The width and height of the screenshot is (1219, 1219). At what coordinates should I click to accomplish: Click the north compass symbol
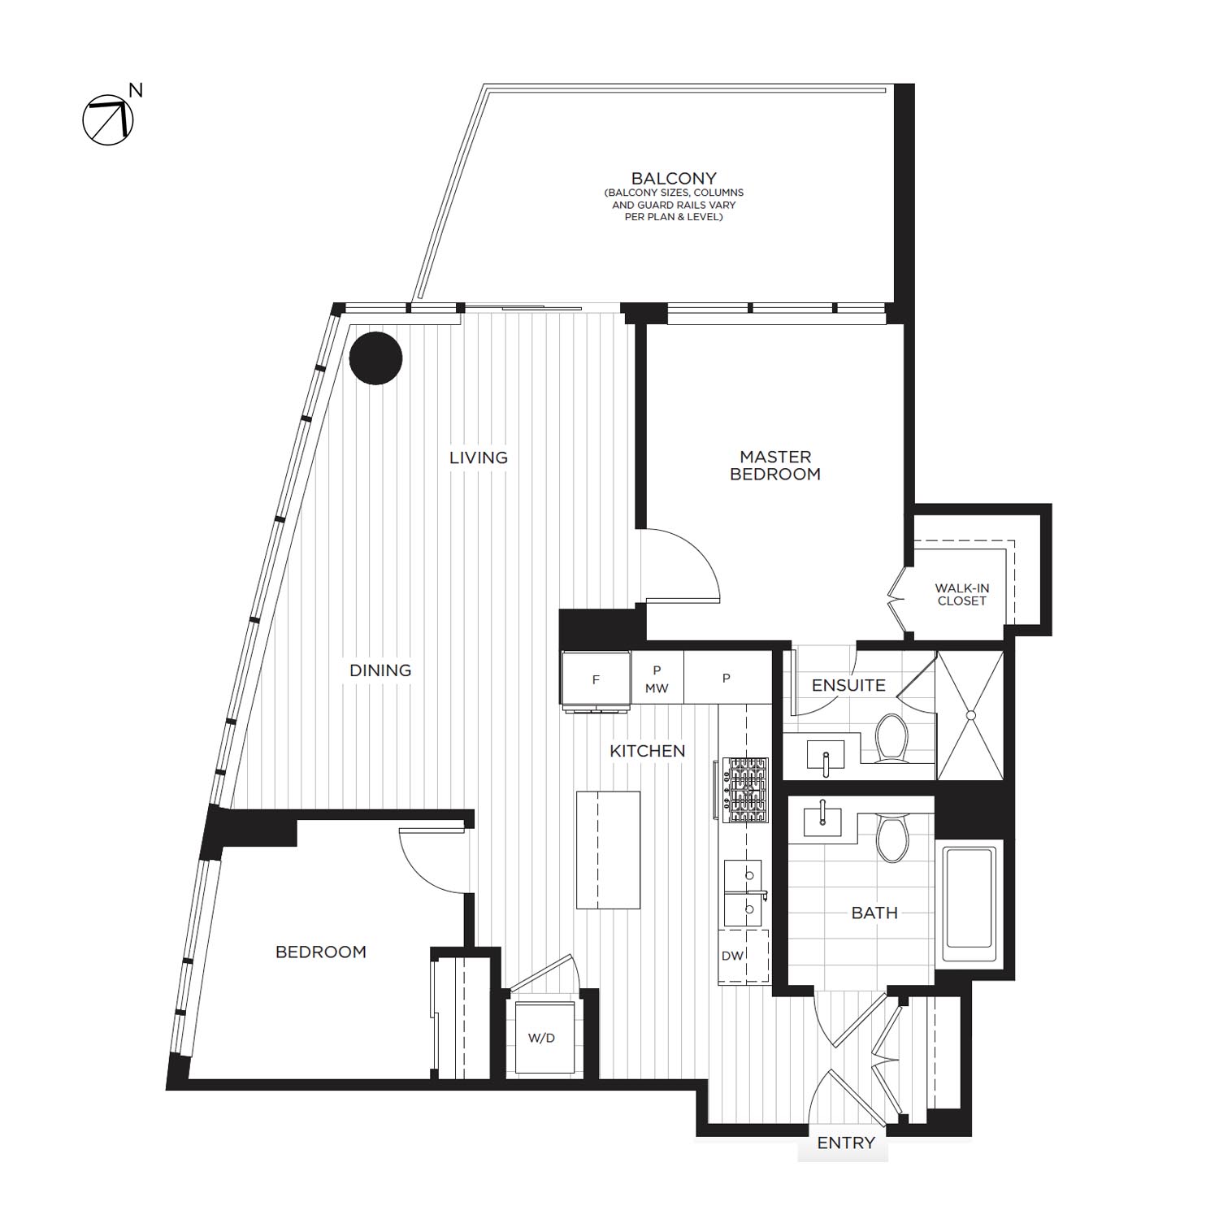108,120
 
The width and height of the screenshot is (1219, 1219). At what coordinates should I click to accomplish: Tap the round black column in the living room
375,358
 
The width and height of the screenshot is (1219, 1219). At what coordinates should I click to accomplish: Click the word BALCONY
674,178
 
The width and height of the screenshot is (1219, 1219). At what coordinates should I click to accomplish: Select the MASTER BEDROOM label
774,466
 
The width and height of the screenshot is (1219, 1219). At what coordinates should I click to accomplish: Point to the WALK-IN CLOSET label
961,594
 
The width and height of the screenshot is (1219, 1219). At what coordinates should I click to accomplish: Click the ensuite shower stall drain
970,715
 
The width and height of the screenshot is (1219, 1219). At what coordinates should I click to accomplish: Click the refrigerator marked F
596,679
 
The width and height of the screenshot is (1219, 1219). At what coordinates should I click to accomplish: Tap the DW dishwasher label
732,956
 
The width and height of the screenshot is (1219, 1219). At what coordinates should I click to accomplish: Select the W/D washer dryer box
541,1038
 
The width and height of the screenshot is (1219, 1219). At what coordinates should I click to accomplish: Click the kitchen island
608,849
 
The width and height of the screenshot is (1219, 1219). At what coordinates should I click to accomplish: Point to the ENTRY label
845,1143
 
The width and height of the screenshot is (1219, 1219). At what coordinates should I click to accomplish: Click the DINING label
380,670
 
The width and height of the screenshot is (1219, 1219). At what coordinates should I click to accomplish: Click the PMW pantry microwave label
657,679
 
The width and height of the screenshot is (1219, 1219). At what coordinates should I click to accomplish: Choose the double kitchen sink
744,893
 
